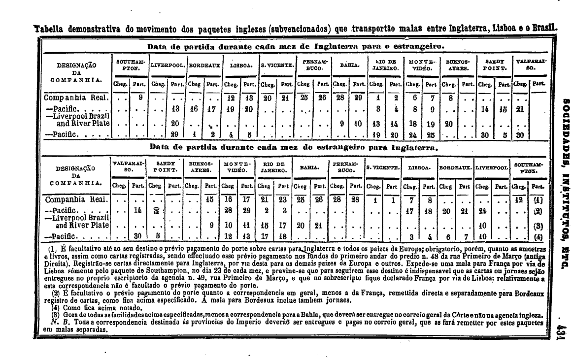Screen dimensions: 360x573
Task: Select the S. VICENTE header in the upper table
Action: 277,65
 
